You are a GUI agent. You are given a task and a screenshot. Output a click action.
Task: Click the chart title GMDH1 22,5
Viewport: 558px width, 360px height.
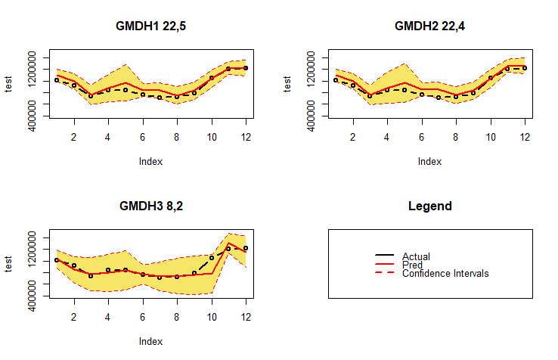150,26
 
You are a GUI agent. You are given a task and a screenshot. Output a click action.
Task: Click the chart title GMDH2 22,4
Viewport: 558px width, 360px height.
429,26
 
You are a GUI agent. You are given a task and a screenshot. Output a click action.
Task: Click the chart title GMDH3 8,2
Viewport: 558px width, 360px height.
150,206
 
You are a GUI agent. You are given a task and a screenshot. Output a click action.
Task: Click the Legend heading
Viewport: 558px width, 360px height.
429,206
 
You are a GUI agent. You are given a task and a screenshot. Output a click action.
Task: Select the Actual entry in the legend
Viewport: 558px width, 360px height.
416,257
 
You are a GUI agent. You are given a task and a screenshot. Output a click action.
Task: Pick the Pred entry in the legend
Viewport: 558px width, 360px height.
412,265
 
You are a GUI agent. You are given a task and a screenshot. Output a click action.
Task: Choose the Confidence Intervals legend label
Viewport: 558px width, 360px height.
445,273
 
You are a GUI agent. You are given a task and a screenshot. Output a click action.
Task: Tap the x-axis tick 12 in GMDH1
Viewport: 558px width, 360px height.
246,137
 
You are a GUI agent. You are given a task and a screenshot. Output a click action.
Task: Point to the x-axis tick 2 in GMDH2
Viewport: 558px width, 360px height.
353,137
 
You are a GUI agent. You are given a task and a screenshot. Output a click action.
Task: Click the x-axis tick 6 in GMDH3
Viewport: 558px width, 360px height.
142,317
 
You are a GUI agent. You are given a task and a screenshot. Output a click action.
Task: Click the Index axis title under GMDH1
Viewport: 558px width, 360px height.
150,161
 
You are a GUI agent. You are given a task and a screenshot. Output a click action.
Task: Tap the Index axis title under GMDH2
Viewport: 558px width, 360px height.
429,161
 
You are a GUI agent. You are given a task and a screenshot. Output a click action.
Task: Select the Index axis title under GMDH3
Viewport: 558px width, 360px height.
150,341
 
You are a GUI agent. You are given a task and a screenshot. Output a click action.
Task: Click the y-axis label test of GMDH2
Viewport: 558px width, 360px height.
288,85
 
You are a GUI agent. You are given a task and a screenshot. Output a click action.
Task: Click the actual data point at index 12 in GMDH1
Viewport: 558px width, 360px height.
246,68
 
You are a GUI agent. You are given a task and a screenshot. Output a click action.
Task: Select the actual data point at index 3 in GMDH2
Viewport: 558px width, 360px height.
370,96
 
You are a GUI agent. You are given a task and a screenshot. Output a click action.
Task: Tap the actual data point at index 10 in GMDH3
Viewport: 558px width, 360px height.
212,257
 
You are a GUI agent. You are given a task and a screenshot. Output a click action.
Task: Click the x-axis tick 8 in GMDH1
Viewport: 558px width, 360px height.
176,137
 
